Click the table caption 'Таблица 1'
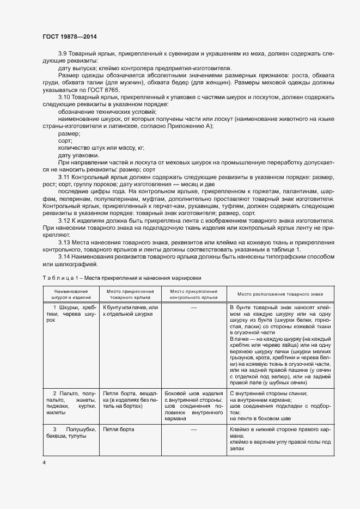tap(58, 278)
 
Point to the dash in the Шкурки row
tap(194, 308)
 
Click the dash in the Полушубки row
tap(194, 430)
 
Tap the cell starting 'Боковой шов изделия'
tap(194, 405)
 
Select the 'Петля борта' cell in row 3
tap(119, 430)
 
